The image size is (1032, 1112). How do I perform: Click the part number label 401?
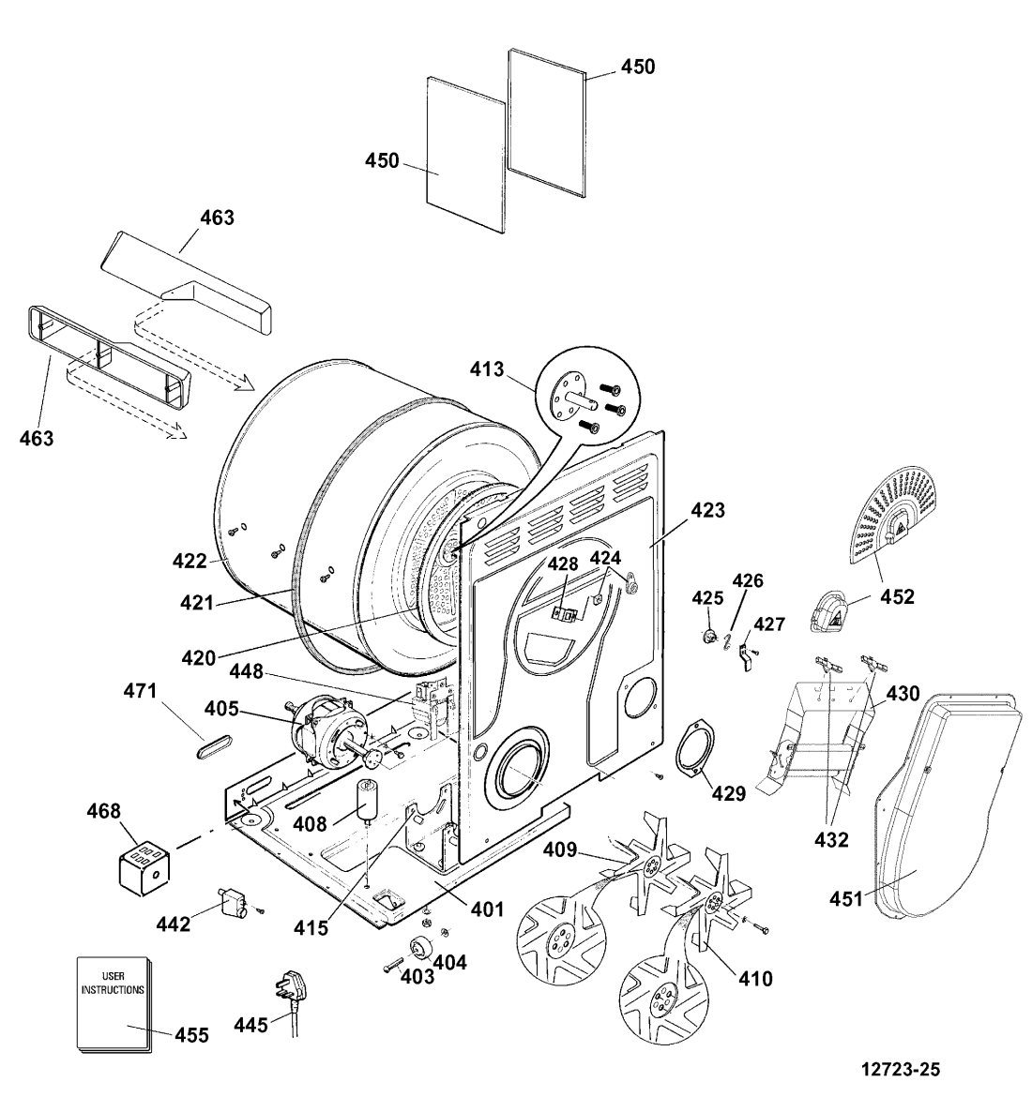[487, 909]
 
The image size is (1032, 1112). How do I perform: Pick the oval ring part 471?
[214, 745]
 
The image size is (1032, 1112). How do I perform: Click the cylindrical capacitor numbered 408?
[369, 800]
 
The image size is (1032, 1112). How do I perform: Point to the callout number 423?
[707, 510]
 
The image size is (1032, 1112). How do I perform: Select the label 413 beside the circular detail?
[487, 368]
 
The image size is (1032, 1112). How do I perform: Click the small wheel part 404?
[422, 948]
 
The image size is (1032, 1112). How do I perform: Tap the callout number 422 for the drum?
[190, 561]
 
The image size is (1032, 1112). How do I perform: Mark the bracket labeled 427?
[745, 656]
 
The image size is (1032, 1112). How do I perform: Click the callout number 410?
[755, 979]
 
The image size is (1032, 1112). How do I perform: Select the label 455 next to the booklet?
[191, 1035]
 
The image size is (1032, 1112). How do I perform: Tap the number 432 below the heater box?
[831, 840]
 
